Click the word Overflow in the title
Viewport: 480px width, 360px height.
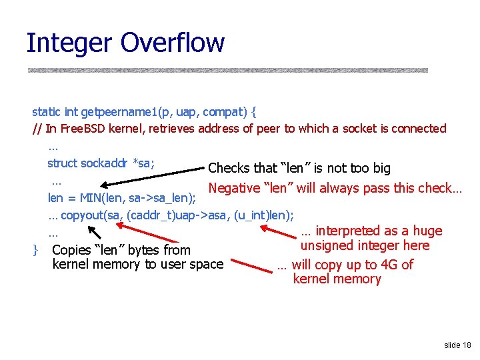pos(173,43)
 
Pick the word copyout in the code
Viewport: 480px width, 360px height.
pos(83,215)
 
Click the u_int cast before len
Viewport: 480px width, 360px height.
pos(252,215)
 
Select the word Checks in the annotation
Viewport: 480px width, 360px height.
pos(230,169)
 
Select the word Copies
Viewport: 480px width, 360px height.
pos(72,251)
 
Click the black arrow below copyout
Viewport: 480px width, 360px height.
pos(94,230)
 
